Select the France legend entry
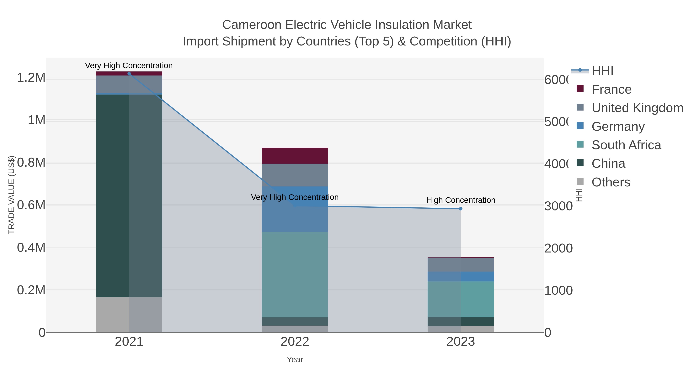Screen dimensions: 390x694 pyautogui.click(x=611, y=89)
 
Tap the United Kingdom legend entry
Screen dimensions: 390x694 pyautogui.click(x=637, y=108)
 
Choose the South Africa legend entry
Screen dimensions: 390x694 pyautogui.click(x=626, y=145)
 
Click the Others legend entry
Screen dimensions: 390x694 pyautogui.click(x=611, y=182)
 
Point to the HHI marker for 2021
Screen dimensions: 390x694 pyautogui.click(x=129, y=74)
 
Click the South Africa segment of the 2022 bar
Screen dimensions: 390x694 pyautogui.click(x=295, y=274)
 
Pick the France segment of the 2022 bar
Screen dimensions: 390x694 pyautogui.click(x=295, y=156)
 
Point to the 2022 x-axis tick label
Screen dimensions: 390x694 pyautogui.click(x=295, y=342)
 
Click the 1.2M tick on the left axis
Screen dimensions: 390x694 pyautogui.click(x=31, y=78)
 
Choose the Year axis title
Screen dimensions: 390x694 pyautogui.click(x=295, y=360)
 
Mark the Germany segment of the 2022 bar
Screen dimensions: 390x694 pyautogui.click(x=295, y=209)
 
